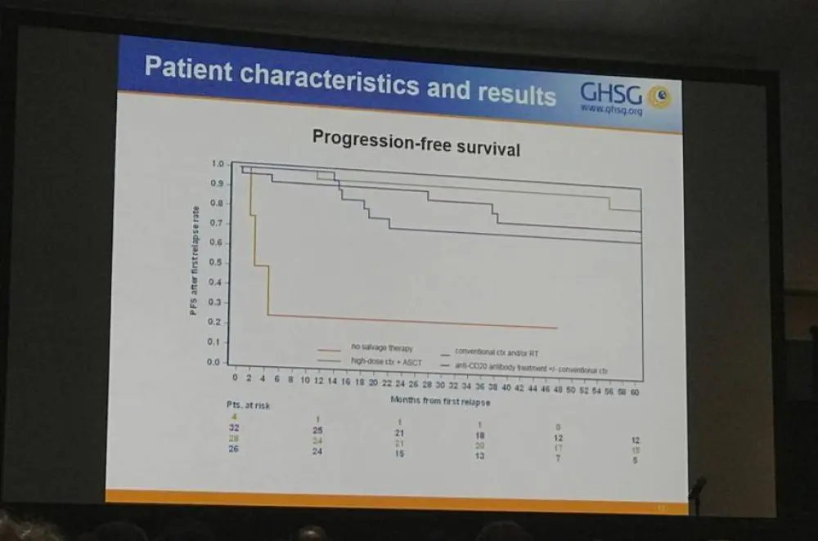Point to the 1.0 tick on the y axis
216,164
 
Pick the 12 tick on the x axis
318,382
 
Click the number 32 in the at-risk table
235,427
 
